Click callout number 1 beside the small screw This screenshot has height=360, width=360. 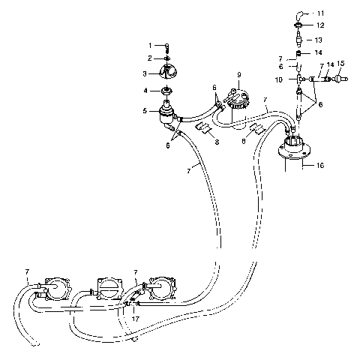tap(149, 46)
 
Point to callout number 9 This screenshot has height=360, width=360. tap(238, 75)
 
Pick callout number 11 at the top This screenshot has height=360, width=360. tap(321, 13)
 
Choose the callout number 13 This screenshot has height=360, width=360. tap(319, 39)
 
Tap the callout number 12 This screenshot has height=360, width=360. tap(319, 25)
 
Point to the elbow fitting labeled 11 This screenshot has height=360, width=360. tap(300, 14)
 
